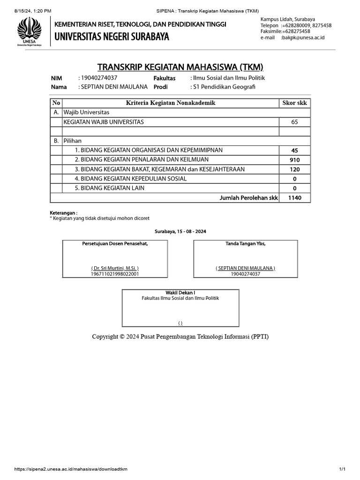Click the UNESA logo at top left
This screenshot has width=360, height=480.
click(30, 31)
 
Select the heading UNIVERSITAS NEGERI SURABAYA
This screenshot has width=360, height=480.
click(112, 36)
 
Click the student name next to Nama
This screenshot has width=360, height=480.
click(112, 87)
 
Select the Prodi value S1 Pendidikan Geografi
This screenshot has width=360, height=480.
click(224, 87)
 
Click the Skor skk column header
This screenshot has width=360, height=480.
click(294, 103)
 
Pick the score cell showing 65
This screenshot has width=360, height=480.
click(294, 122)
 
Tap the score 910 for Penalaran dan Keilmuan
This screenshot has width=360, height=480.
click(294, 160)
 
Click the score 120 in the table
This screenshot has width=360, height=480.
click(294, 169)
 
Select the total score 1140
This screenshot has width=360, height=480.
click(294, 198)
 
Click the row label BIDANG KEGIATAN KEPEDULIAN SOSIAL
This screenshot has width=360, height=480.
click(131, 179)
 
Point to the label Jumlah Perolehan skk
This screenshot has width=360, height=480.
click(248, 198)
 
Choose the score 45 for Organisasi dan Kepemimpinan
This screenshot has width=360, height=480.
click(294, 150)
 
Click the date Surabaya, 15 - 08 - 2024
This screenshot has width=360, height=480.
click(180, 232)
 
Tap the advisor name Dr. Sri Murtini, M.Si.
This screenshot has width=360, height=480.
click(115, 268)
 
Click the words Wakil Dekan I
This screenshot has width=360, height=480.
click(180, 292)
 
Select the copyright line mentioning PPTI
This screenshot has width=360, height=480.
click(180, 337)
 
